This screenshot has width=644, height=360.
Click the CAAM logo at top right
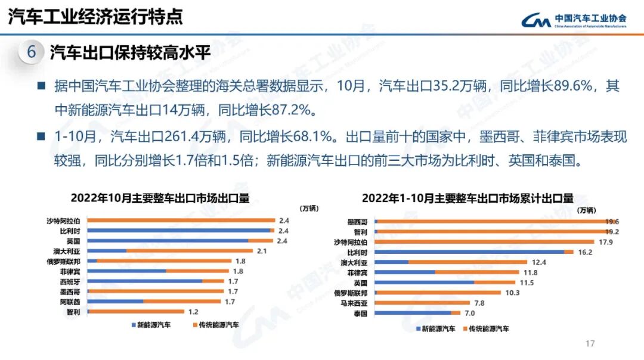[572, 20]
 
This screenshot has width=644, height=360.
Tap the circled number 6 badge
[32, 52]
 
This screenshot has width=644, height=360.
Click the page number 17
[590, 343]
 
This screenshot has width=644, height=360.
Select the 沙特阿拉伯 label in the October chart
[64, 221]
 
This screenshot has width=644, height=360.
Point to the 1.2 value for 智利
[193, 312]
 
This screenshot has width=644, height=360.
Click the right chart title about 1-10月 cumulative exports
[467, 198]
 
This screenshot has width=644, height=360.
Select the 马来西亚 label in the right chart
[356, 303]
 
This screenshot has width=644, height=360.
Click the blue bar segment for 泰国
[413, 313]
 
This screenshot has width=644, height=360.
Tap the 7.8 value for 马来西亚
[479, 303]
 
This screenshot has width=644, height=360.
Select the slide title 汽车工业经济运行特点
[95, 16]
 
